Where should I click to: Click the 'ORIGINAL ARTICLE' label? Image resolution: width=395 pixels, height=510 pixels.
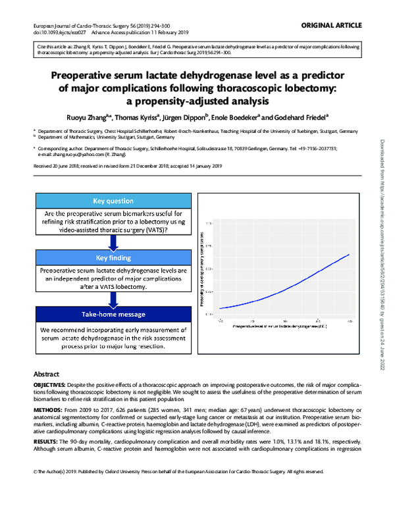tap(331, 25)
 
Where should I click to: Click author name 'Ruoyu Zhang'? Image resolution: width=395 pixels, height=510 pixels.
tap(86, 116)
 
